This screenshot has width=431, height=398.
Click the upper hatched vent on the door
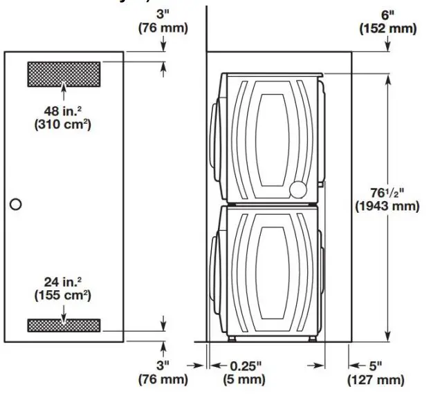coord(64,73)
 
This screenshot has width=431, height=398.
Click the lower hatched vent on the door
coord(64,325)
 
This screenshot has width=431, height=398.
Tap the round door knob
coord(16,205)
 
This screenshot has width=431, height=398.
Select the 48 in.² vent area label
coord(63,111)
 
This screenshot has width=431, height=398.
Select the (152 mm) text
coord(387,28)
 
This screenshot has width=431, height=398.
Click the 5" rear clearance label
coord(373,366)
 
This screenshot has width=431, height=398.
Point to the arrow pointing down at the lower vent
coord(64,312)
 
